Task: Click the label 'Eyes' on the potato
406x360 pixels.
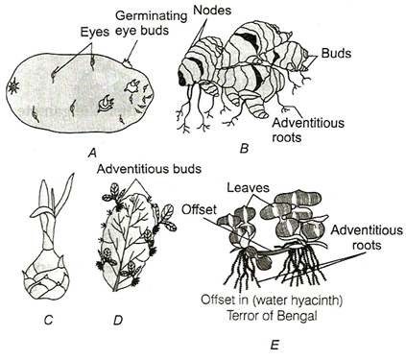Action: pos(94,32)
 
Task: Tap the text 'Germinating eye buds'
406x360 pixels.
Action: pos(151,22)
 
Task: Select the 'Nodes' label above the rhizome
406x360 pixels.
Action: pos(212,11)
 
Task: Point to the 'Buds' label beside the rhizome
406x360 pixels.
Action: pos(336,53)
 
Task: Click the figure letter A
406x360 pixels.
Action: pos(92,155)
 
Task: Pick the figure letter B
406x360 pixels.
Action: pos(244,149)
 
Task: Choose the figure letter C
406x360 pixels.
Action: pos(48,320)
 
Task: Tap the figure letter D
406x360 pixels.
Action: pos(118,320)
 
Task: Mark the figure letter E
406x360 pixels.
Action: pos(275,346)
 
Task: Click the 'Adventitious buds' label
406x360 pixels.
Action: pos(149,168)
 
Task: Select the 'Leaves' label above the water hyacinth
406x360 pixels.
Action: pos(248,188)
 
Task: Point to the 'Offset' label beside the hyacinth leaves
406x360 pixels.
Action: pos(199,210)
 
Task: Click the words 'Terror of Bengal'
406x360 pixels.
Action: pos(272,316)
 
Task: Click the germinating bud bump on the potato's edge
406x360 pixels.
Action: pos(128,63)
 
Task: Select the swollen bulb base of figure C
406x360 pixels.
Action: pos(47,276)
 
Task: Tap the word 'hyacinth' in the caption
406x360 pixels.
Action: pos(316,301)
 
